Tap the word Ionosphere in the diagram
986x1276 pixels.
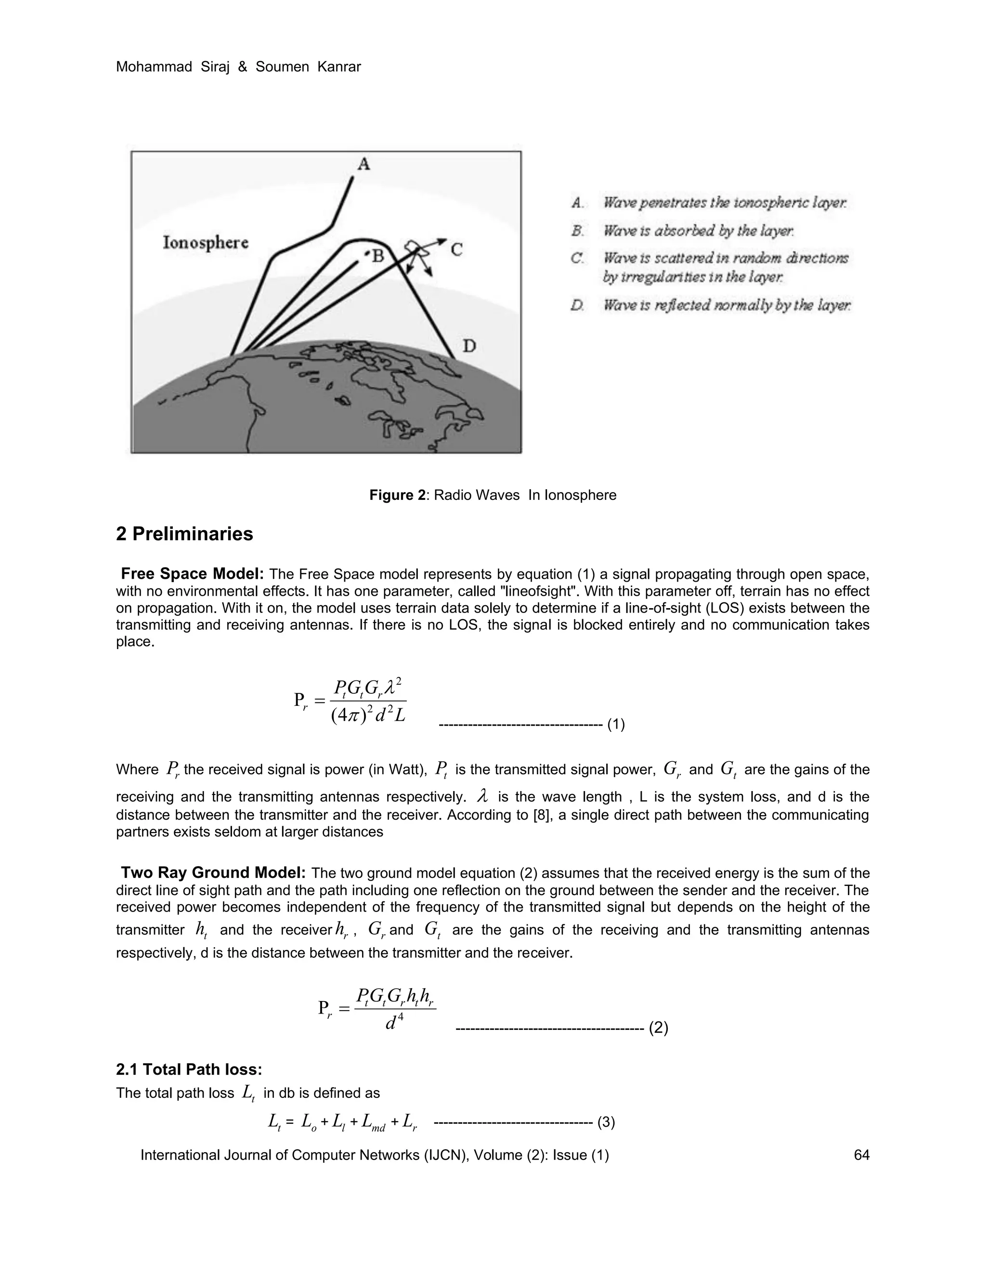(x=205, y=243)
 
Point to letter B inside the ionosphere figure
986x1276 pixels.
(x=377, y=256)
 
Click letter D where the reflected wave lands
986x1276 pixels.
(x=469, y=347)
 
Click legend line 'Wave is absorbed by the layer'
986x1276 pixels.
(x=698, y=231)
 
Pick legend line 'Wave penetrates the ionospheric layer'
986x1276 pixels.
(x=724, y=203)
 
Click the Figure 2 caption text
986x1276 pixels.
(x=493, y=495)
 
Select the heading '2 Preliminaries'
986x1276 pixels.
(x=184, y=534)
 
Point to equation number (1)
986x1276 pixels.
(x=616, y=725)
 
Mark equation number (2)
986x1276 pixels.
(x=658, y=1028)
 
